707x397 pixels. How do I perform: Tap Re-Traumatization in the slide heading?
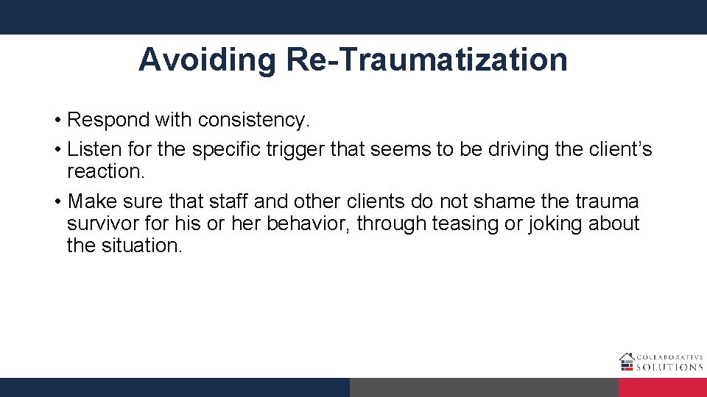[427, 60]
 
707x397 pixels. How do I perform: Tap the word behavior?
[308, 223]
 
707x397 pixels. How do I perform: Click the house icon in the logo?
[626, 361]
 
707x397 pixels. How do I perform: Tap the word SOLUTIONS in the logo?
[669, 366]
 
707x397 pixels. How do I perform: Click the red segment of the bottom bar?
[663, 387]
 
